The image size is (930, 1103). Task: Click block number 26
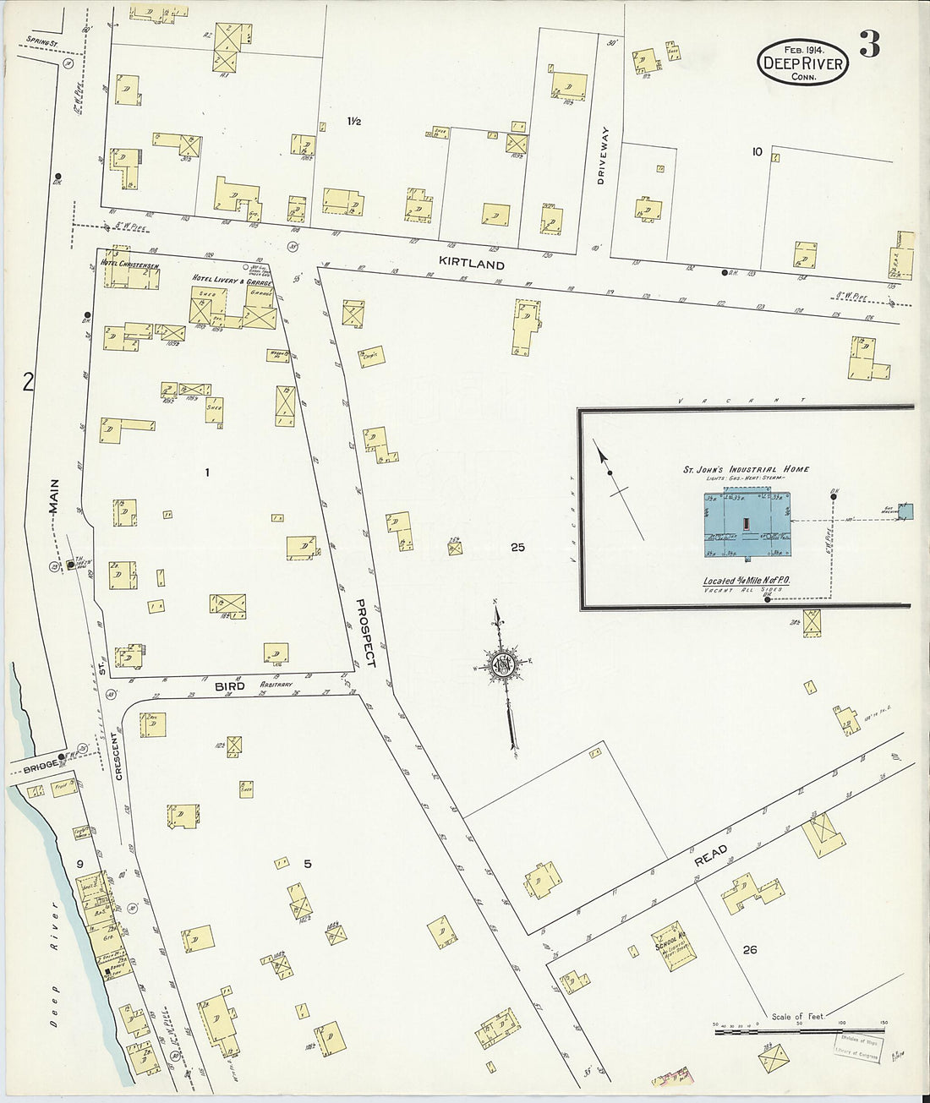(749, 950)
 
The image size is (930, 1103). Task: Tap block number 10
(756, 152)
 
